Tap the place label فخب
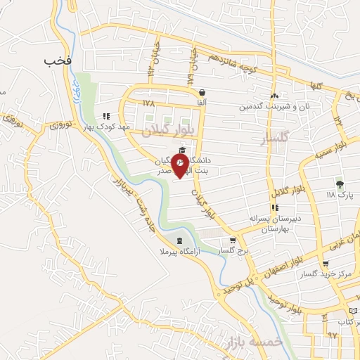click(x=58, y=61)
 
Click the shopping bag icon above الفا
click(x=202, y=92)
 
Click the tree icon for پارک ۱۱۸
click(x=341, y=184)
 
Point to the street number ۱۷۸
click(x=148, y=103)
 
